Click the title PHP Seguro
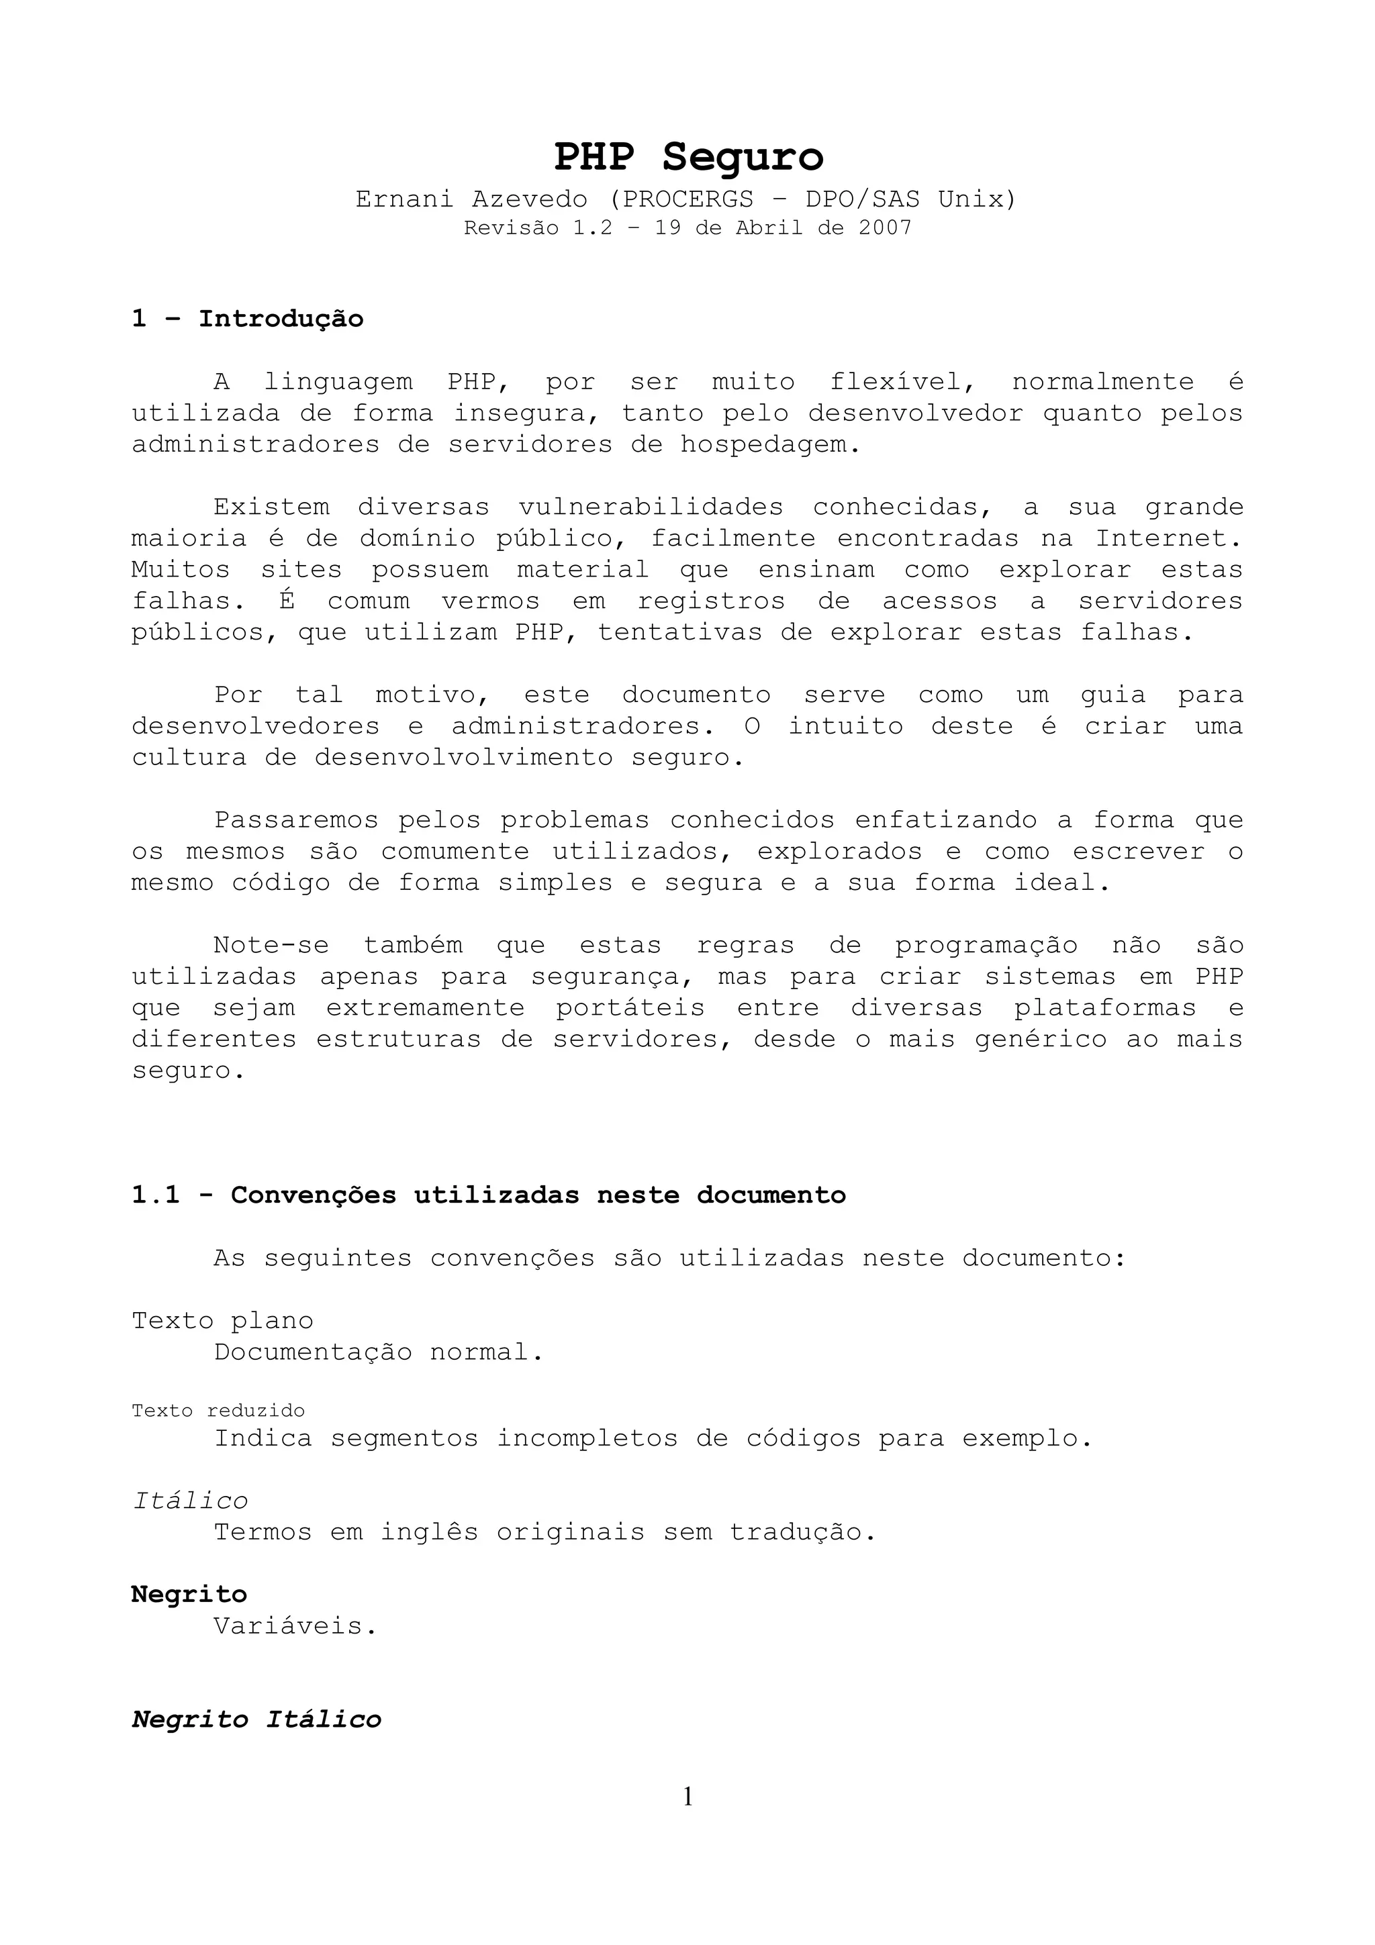pyautogui.click(x=688, y=158)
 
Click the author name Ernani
pyautogui.click(x=404, y=200)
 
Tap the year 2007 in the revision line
pyautogui.click(x=884, y=228)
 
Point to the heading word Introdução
pyautogui.click(x=281, y=319)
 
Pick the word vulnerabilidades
pyautogui.click(x=651, y=508)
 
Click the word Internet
pyautogui.click(x=1168, y=539)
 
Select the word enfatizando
pyautogui.click(x=945, y=821)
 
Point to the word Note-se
pyautogui.click(x=271, y=946)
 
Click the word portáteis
pyautogui.click(x=630, y=1009)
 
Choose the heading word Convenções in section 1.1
pyautogui.click(x=314, y=1195)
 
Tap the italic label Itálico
pyautogui.click(x=191, y=1501)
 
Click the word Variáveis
pyautogui.click(x=295, y=1626)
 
